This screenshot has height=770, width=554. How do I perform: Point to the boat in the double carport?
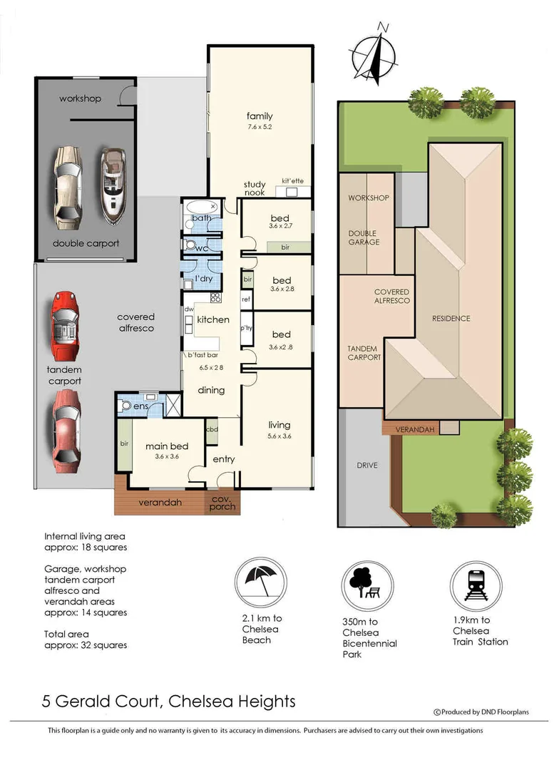coord(113,185)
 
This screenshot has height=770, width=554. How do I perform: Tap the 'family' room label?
coord(260,116)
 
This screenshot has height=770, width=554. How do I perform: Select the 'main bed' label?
coord(167,447)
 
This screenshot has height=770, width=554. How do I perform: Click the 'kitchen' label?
coord(213,319)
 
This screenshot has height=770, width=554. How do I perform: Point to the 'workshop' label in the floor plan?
coord(80,98)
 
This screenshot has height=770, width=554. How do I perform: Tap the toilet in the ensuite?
coord(127,406)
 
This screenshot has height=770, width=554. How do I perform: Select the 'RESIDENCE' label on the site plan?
coord(451,318)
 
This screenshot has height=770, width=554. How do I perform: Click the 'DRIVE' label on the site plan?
coord(366,466)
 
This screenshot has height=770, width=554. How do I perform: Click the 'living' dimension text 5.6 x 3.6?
coord(279,436)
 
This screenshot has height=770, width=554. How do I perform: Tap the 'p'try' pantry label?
coord(247,329)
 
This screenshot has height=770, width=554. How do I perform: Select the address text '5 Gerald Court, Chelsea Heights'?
coord(168,702)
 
